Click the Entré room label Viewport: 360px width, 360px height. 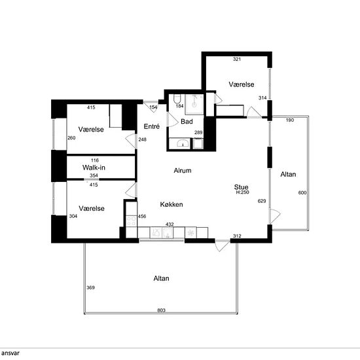[x=152, y=126]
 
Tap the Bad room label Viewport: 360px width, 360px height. [x=187, y=122]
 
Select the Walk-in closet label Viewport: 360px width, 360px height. [x=94, y=168]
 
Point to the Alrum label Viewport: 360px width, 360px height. [x=183, y=171]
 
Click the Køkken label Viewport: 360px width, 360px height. [x=171, y=204]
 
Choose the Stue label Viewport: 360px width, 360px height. [x=241, y=187]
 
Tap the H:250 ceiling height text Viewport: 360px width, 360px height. [x=242, y=192]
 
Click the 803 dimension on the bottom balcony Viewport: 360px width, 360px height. [x=161, y=310]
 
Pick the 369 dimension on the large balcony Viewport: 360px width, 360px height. [x=90, y=287]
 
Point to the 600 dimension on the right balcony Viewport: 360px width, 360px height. [x=302, y=192]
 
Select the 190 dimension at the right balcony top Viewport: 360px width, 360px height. [x=290, y=120]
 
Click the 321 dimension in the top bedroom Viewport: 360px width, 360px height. [x=237, y=59]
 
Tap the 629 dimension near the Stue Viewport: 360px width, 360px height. [x=262, y=201]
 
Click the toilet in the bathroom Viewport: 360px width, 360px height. [x=177, y=99]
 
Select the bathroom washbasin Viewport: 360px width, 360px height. [x=183, y=143]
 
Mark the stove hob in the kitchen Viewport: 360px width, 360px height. [x=132, y=221]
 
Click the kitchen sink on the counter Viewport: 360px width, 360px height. [x=162, y=233]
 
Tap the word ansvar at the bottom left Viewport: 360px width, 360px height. [x=10, y=353]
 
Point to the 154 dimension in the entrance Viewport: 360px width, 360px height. [x=153, y=107]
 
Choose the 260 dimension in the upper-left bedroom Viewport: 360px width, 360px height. [x=71, y=138]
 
